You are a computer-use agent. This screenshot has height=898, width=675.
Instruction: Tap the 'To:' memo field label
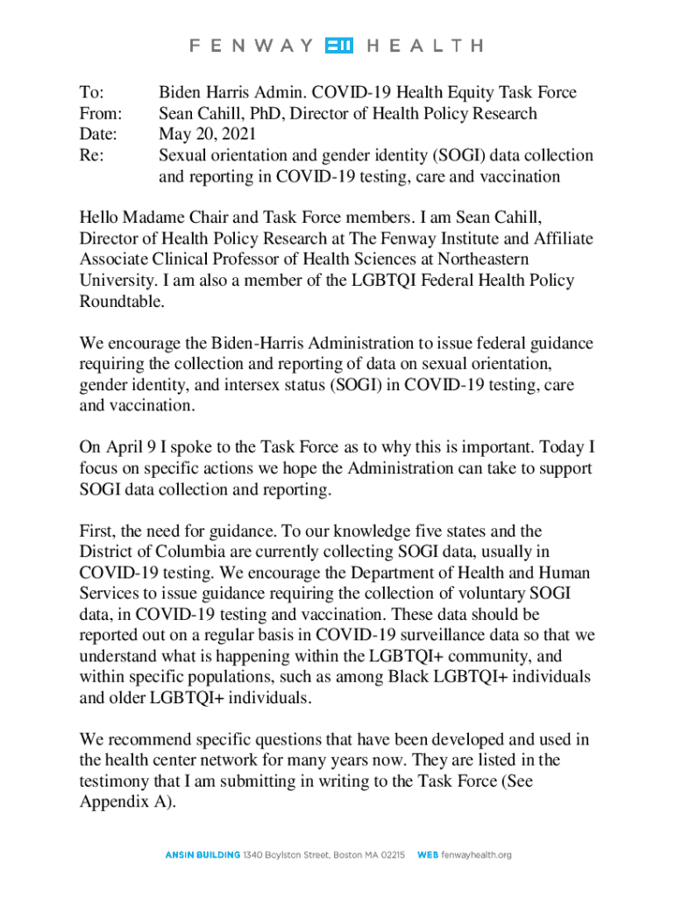(91, 92)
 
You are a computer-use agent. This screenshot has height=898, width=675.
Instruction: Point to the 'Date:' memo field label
(97, 134)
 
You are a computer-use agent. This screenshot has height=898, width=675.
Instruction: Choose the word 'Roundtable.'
(121, 302)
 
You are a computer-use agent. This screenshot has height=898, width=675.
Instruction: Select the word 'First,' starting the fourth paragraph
(101, 531)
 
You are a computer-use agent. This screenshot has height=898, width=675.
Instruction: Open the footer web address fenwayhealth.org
(475, 854)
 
